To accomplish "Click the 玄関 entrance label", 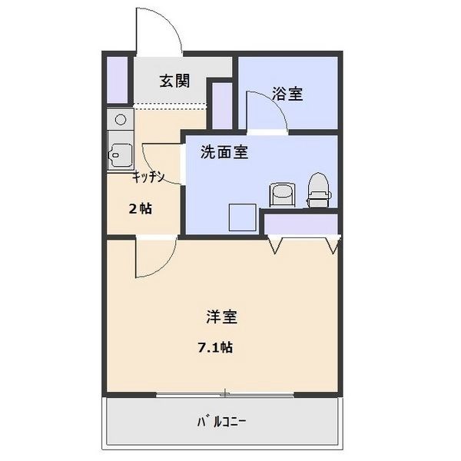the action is coord(174,81).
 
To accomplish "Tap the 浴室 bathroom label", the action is coord(287,94).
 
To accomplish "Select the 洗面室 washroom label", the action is coord(224,152).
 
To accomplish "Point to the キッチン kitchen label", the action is coord(148,177).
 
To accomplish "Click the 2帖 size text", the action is coord(141,209).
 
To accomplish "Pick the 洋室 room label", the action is coord(222,317).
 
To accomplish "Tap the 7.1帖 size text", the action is coord(215,348).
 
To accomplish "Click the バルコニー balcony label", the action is coord(221,423).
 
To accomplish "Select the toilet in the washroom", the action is coord(319,190).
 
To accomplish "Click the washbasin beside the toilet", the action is coord(282,194).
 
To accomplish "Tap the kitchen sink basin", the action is coord(120,155).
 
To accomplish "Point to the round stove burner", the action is coord(121,119).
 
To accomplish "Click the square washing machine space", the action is coord(243,217).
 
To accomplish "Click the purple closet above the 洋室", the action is coord(300,224).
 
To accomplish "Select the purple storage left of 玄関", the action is coord(117,80).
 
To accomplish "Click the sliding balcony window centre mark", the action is coord(225,393).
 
